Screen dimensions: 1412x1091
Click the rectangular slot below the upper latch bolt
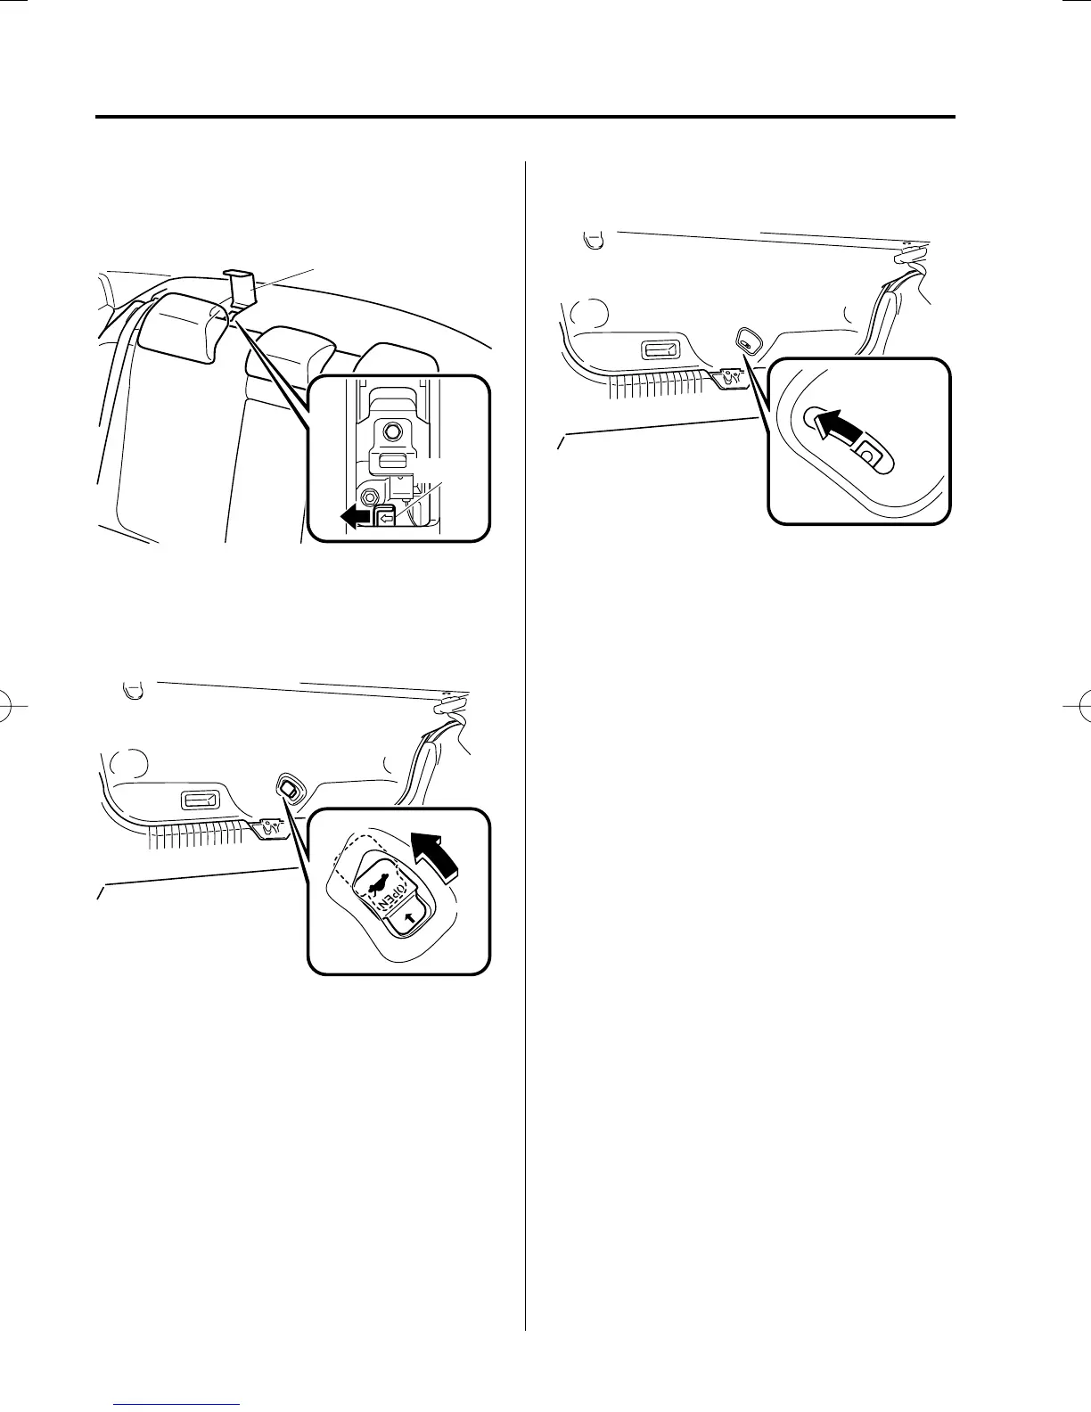point(391,461)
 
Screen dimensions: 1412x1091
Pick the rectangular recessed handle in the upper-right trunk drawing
point(661,349)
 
